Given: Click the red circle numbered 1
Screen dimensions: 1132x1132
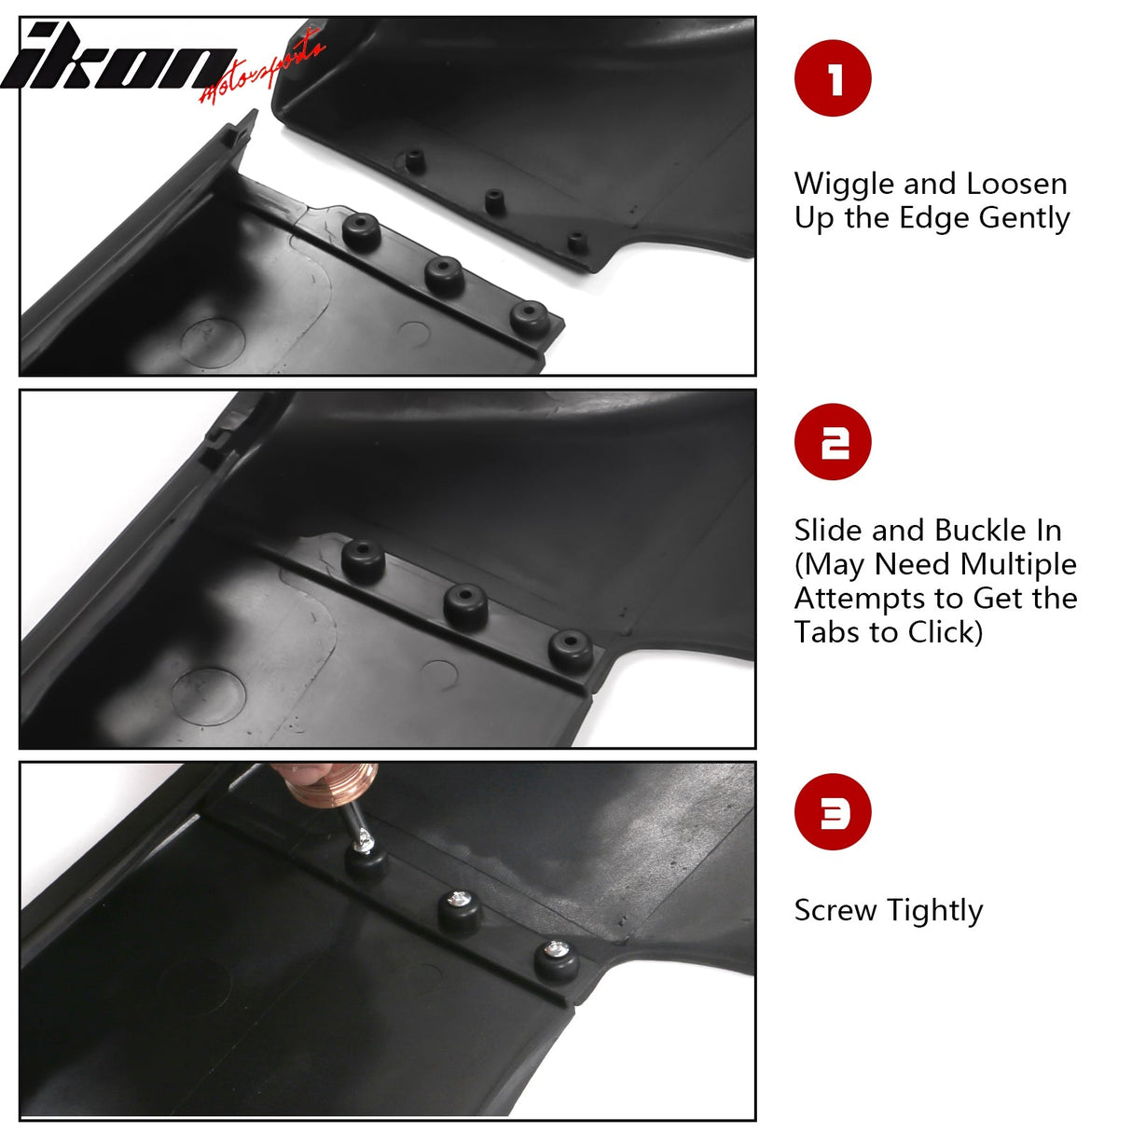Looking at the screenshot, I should click(x=833, y=78).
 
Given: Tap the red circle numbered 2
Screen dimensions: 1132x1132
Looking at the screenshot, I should click(x=833, y=442).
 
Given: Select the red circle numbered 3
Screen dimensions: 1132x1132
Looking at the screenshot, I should click(x=833, y=812).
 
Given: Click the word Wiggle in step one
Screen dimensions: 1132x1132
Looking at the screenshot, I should click(x=836, y=184).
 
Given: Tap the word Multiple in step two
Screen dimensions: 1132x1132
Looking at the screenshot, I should click(x=1018, y=564).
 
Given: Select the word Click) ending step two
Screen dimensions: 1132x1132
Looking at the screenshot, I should click(x=946, y=632).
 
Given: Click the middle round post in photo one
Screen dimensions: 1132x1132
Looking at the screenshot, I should click(x=445, y=273).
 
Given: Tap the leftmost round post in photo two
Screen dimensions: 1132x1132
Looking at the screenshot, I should click(x=364, y=558).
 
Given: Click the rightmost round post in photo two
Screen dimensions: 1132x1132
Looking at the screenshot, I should click(x=570, y=647).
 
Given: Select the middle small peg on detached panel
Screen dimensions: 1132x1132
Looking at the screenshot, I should click(x=494, y=200).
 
